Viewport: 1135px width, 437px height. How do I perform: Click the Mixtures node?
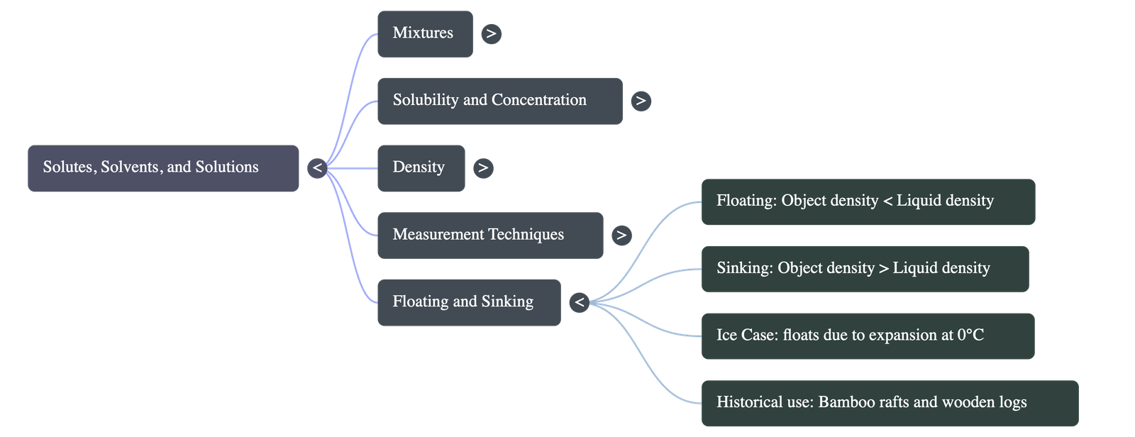[424, 33]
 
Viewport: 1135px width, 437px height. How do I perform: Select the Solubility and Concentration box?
[499, 101]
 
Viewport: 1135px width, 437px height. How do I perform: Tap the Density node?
[420, 168]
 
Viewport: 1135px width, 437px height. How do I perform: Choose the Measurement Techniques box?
[489, 235]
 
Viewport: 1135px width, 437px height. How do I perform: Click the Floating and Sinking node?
[468, 302]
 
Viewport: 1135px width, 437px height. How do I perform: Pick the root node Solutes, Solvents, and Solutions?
[163, 168]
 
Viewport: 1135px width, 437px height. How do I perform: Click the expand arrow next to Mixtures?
[491, 33]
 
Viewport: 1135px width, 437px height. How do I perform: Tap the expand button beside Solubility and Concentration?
[641, 101]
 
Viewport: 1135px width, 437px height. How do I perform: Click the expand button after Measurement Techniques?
[621, 235]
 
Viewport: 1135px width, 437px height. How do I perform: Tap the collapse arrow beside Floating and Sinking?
[580, 303]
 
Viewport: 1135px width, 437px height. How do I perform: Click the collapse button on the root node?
[317, 168]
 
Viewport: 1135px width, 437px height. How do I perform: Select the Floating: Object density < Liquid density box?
[868, 201]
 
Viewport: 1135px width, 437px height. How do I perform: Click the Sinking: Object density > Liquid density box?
[864, 268]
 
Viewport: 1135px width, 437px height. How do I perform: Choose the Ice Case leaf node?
[867, 336]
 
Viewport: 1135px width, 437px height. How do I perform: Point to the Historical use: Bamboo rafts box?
[889, 403]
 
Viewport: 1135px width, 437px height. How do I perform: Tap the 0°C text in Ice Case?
[970, 335]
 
